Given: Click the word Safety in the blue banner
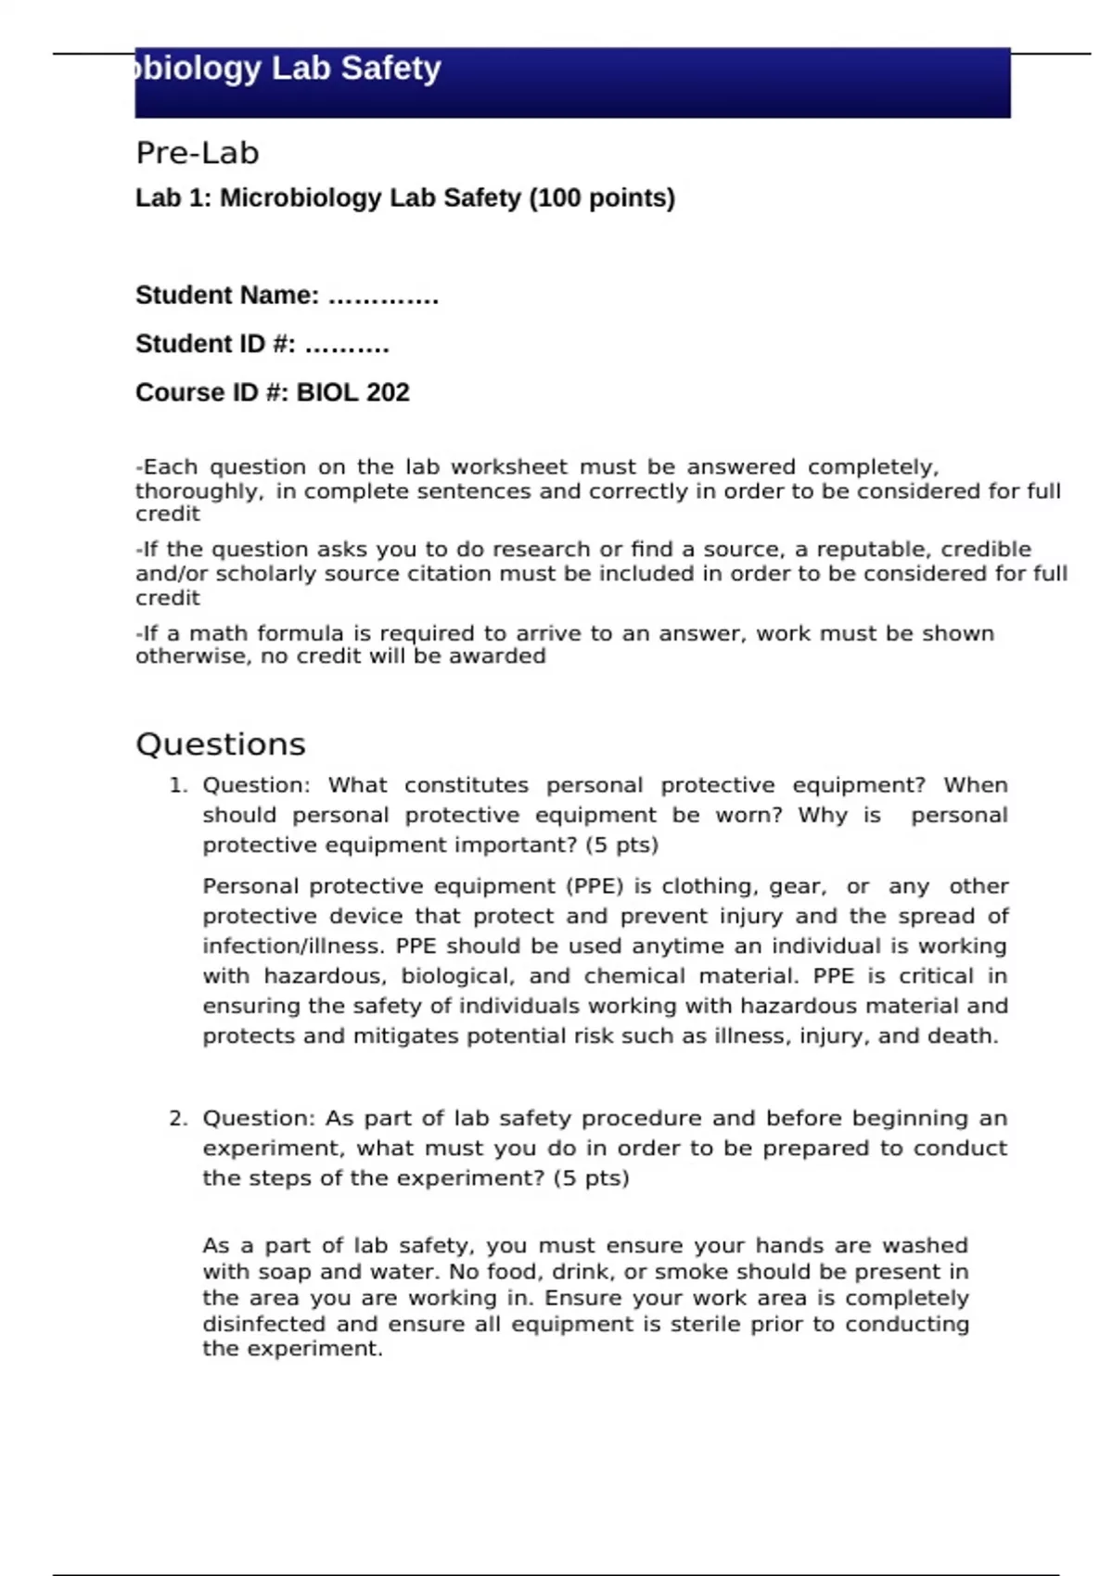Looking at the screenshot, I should click(x=390, y=69).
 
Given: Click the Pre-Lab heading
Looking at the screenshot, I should click(x=197, y=153).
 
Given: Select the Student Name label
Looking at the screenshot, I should click(x=227, y=296).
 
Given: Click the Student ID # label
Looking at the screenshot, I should click(x=215, y=344).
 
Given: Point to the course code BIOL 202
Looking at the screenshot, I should click(x=352, y=393).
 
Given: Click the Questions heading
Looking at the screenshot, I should click(x=221, y=744).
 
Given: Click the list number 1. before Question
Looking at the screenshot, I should click(x=178, y=785).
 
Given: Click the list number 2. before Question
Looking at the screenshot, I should click(x=178, y=1118).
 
